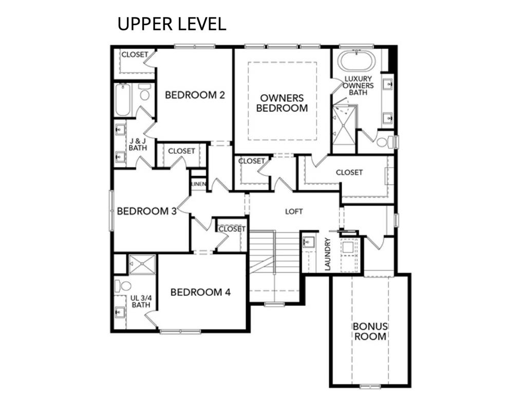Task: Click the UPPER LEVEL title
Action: pos(172,24)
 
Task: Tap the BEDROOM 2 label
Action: pos(195,95)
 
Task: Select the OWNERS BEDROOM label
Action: pos(282,103)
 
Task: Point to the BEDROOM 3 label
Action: pos(146,211)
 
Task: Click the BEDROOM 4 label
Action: pos(200,292)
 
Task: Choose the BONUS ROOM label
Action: pos(370,331)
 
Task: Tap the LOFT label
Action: pos(294,211)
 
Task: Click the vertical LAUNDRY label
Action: pos(328,254)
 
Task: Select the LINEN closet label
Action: pos(199,184)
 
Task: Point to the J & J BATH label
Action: pos(138,145)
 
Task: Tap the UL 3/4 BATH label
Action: pos(141,301)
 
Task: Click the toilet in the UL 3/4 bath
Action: pos(123,286)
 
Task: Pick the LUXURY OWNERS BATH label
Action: pos(358,85)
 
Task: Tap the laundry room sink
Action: pos(309,242)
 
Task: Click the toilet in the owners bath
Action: pos(385,142)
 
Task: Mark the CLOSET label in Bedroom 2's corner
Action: pos(135,55)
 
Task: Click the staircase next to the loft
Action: pos(274,265)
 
